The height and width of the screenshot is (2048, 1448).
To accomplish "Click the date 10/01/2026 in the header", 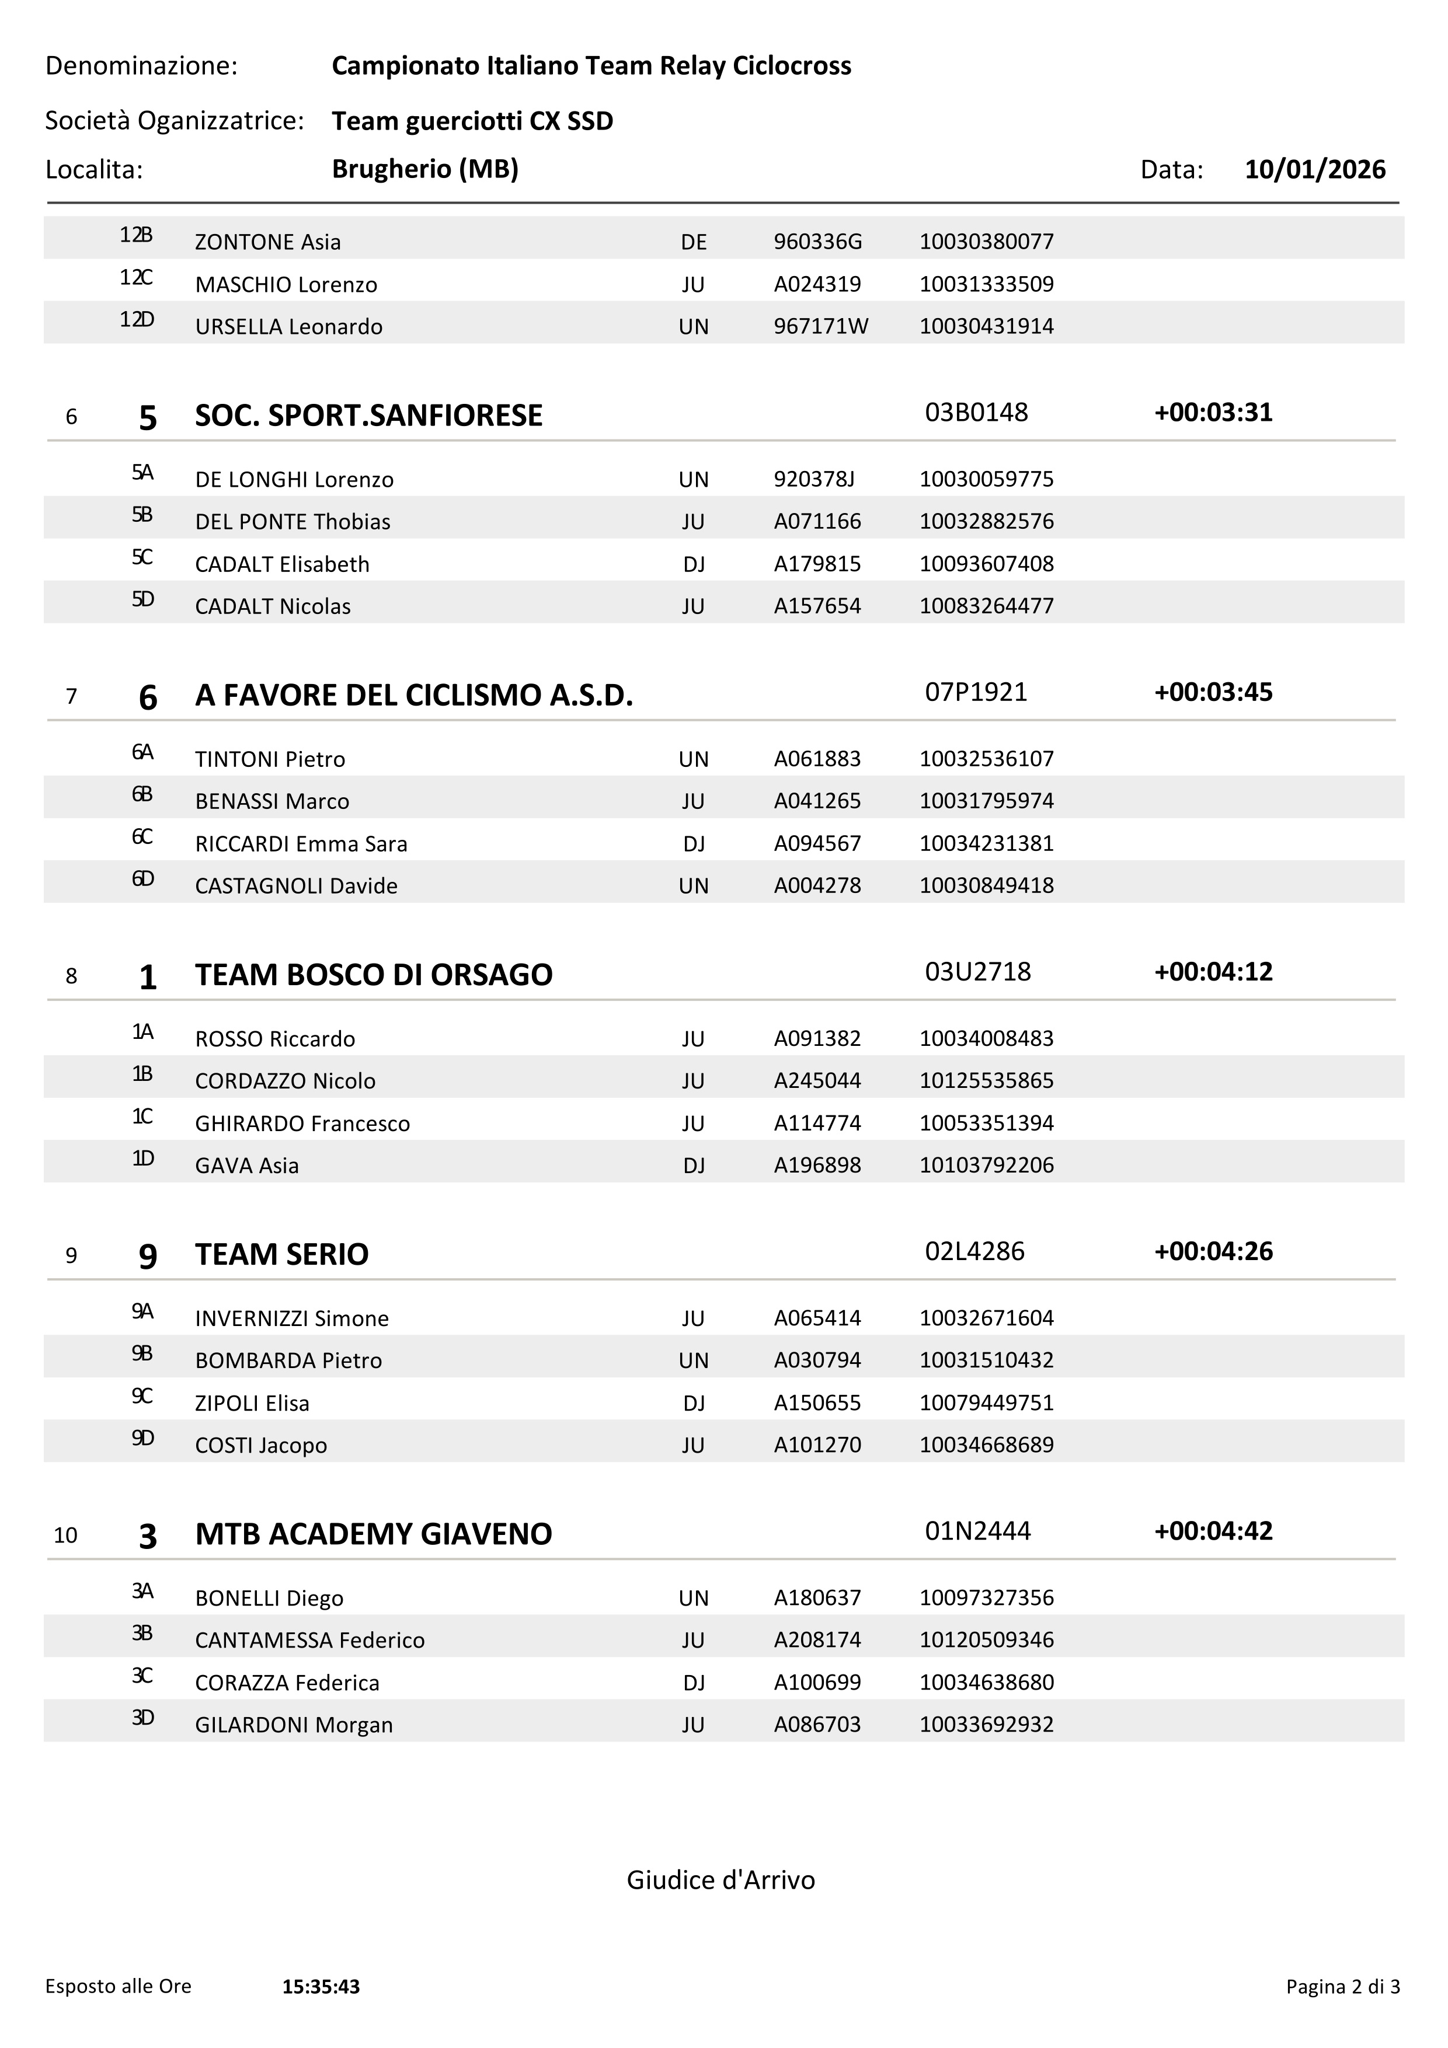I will [x=1314, y=169].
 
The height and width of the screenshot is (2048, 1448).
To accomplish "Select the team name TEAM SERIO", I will [x=282, y=1254].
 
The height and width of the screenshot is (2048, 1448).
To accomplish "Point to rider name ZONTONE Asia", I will [x=267, y=242].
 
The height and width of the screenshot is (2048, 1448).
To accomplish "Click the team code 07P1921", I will [x=976, y=692].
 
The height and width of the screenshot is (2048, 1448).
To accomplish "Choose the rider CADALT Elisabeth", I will [x=282, y=564].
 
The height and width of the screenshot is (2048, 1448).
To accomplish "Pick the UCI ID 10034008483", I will [x=987, y=1038].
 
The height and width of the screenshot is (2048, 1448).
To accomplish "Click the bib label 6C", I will [x=142, y=837].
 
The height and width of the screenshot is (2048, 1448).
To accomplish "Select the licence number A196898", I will [x=817, y=1165].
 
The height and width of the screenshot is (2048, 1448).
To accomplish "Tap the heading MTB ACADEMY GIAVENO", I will [x=374, y=1534].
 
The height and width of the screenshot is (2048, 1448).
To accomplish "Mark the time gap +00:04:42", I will [x=1213, y=1531].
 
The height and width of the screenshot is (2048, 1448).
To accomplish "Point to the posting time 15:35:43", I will [x=321, y=1987].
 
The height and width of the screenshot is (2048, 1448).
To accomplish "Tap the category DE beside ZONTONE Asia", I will [x=693, y=242].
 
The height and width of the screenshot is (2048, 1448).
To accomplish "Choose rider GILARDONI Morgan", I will [x=294, y=1725].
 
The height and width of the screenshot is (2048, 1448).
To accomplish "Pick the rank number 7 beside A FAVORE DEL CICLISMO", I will [x=71, y=696].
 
